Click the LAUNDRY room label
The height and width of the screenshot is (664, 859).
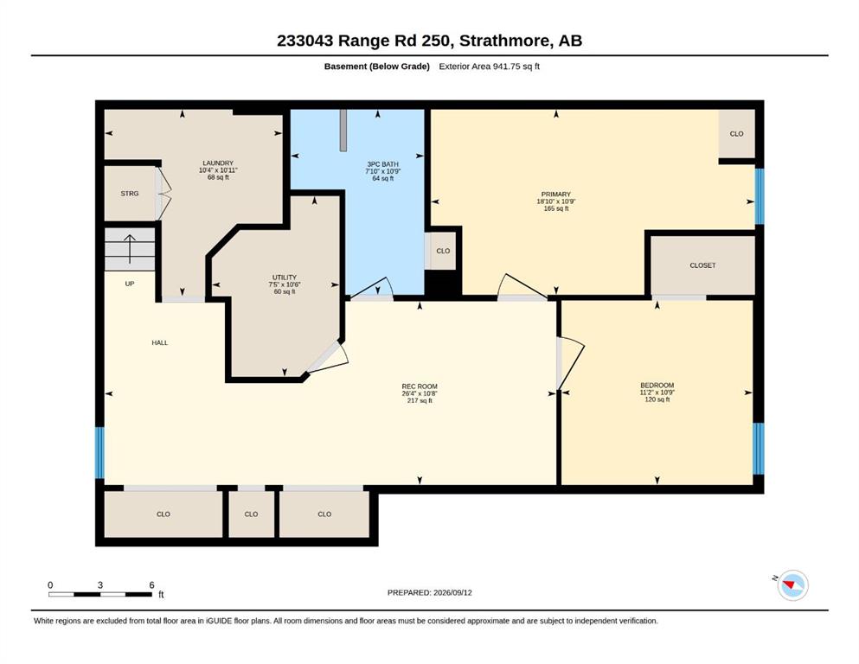(218, 163)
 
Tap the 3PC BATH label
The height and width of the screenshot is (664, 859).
(383, 164)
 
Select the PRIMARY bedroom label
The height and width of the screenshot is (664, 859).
(556, 195)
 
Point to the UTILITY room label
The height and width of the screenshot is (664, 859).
(285, 278)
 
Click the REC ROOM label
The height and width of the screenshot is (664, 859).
(420, 386)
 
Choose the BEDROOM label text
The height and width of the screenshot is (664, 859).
(657, 386)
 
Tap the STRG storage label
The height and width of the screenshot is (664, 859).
(130, 194)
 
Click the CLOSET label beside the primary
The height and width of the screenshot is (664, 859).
(703, 265)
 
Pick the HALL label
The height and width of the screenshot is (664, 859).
(160, 342)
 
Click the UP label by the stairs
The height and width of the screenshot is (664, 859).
(130, 284)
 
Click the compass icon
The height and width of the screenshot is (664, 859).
(792, 585)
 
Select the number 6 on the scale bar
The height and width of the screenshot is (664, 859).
(151, 585)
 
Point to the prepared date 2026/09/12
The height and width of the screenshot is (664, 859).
(452, 592)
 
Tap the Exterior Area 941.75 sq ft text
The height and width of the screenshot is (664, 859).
(490, 67)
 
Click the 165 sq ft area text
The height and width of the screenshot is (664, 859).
(556, 208)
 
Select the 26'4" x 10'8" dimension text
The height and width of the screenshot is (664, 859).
(420, 393)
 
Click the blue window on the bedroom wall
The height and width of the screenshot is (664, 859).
(758, 449)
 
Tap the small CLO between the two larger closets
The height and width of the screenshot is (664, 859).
(252, 514)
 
